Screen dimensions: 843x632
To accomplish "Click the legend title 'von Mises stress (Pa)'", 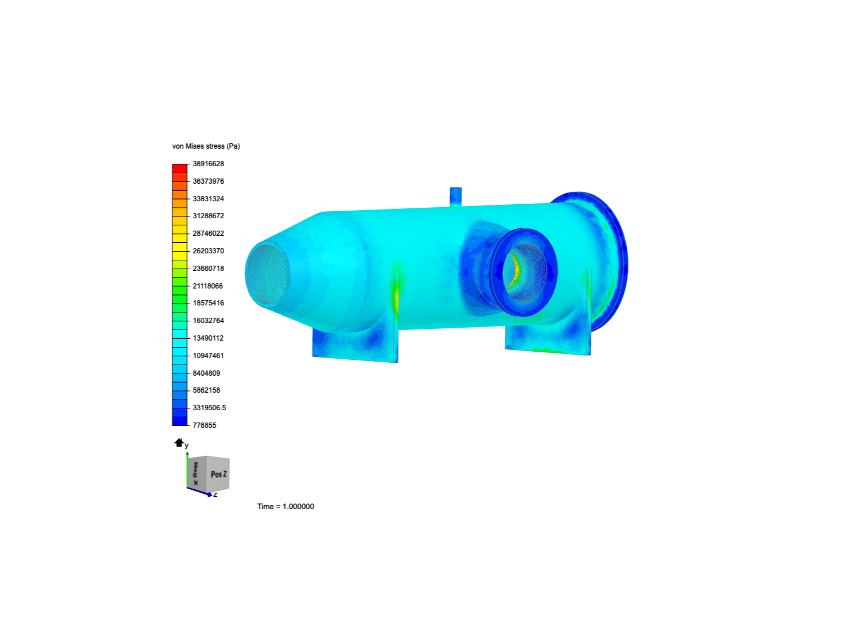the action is point(206,146).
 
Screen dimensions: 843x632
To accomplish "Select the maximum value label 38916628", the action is point(208,164).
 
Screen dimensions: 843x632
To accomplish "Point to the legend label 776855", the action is point(204,425).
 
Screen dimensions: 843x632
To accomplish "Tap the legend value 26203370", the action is point(208,251).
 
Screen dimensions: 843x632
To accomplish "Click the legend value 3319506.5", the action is point(210,407).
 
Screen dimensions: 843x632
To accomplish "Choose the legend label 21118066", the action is point(208,286).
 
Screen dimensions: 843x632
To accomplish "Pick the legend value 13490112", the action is point(208,338).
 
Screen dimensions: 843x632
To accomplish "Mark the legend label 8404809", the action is point(206,373).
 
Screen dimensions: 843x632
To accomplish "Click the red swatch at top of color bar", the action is point(180,169).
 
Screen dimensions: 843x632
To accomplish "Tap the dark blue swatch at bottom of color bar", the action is point(180,421).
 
